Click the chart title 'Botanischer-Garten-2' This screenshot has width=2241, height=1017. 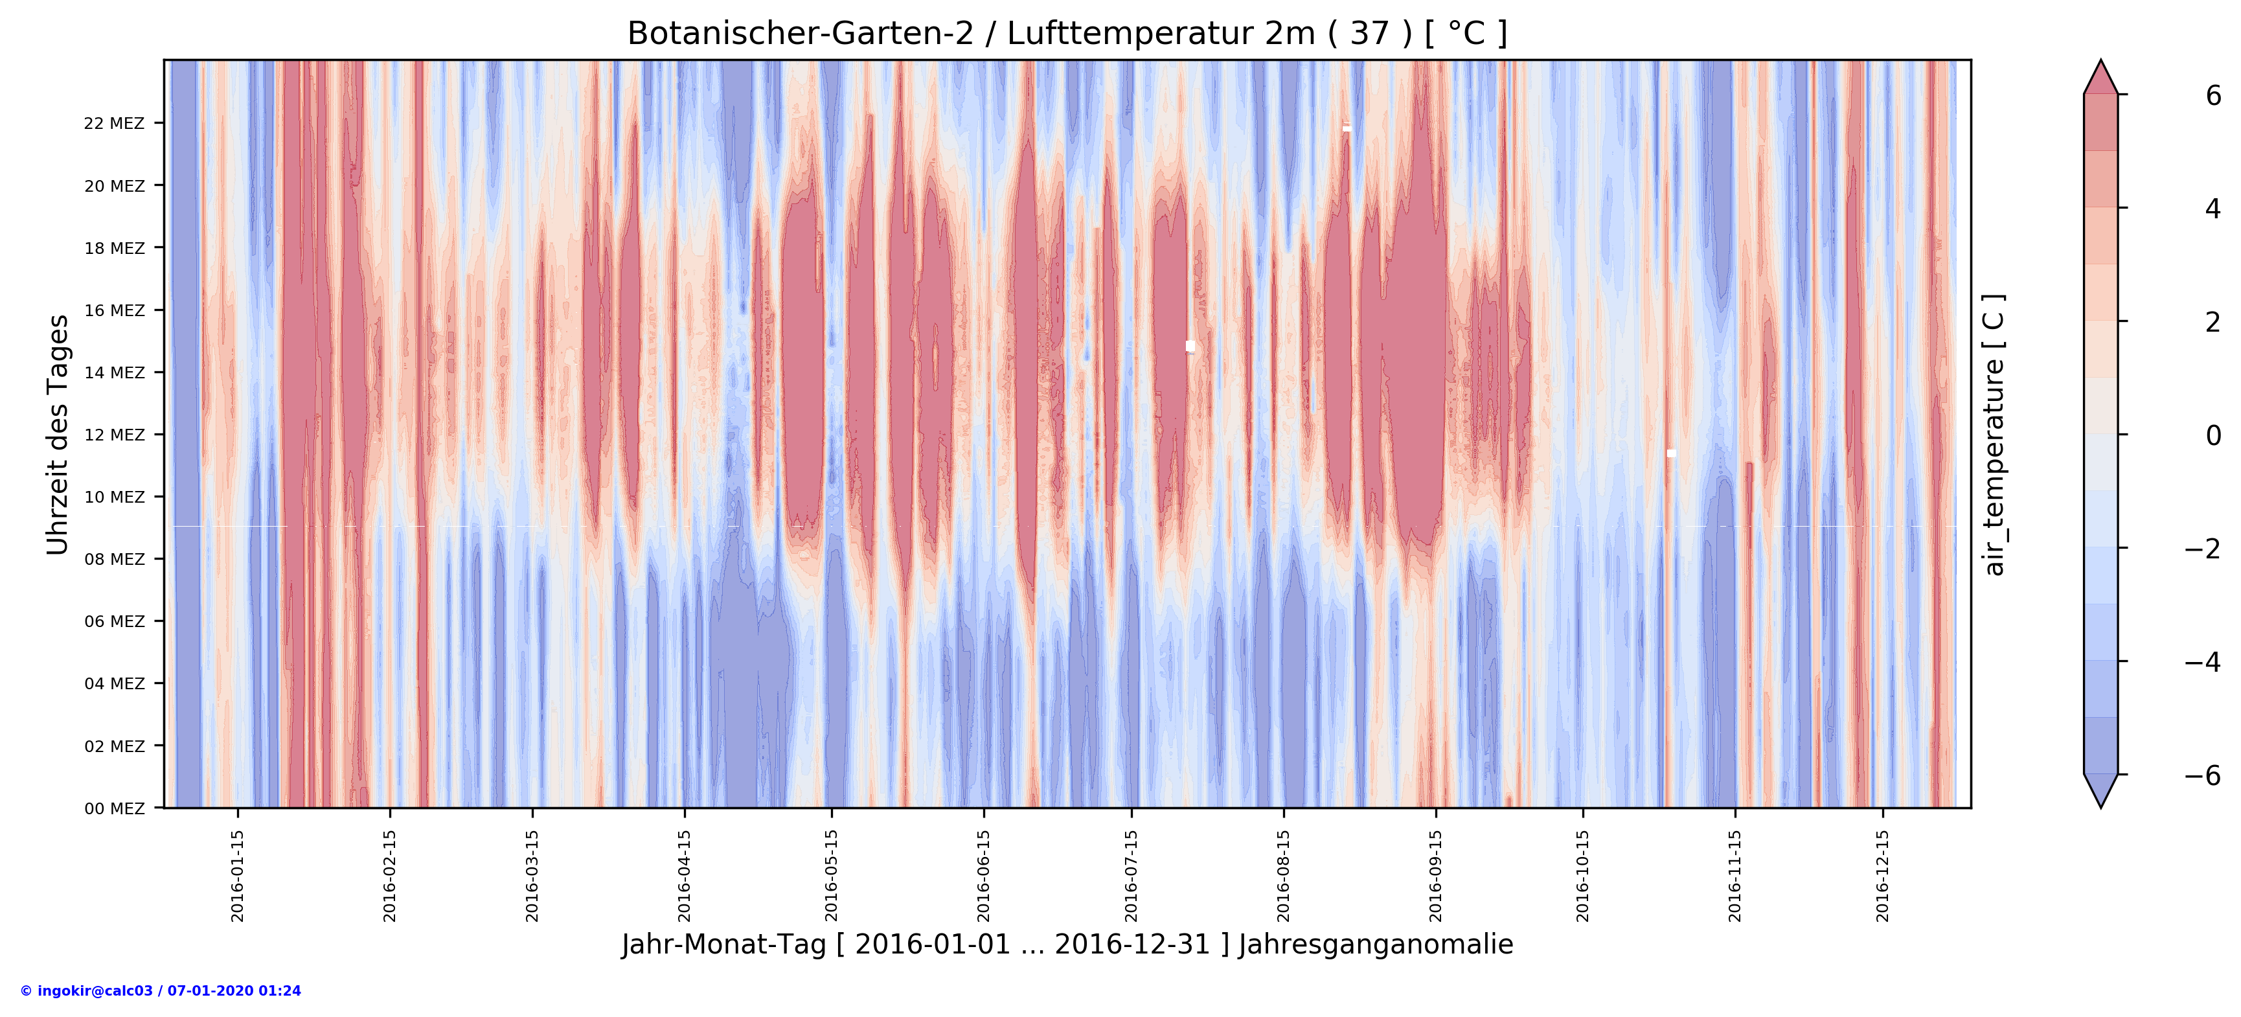click(801, 34)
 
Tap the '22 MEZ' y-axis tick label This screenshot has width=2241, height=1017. click(114, 124)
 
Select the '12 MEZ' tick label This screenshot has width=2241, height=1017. click(114, 435)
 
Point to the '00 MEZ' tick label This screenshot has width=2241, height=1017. click(114, 808)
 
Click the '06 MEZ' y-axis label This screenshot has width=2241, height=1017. click(114, 621)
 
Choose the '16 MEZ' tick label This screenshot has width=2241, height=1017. click(114, 310)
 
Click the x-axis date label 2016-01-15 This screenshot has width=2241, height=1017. click(238, 875)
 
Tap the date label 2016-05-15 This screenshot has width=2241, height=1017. click(832, 875)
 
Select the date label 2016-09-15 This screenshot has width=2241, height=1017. click(1435, 875)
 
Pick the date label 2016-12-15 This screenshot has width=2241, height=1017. click(1883, 875)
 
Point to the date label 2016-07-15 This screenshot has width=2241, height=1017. click(1131, 875)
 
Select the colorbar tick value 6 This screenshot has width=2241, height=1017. click(2213, 96)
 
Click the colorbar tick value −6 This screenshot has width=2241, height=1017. click(2203, 775)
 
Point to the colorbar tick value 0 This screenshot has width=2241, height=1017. click(2213, 435)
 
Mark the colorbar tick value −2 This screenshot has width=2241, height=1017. click(2203, 549)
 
